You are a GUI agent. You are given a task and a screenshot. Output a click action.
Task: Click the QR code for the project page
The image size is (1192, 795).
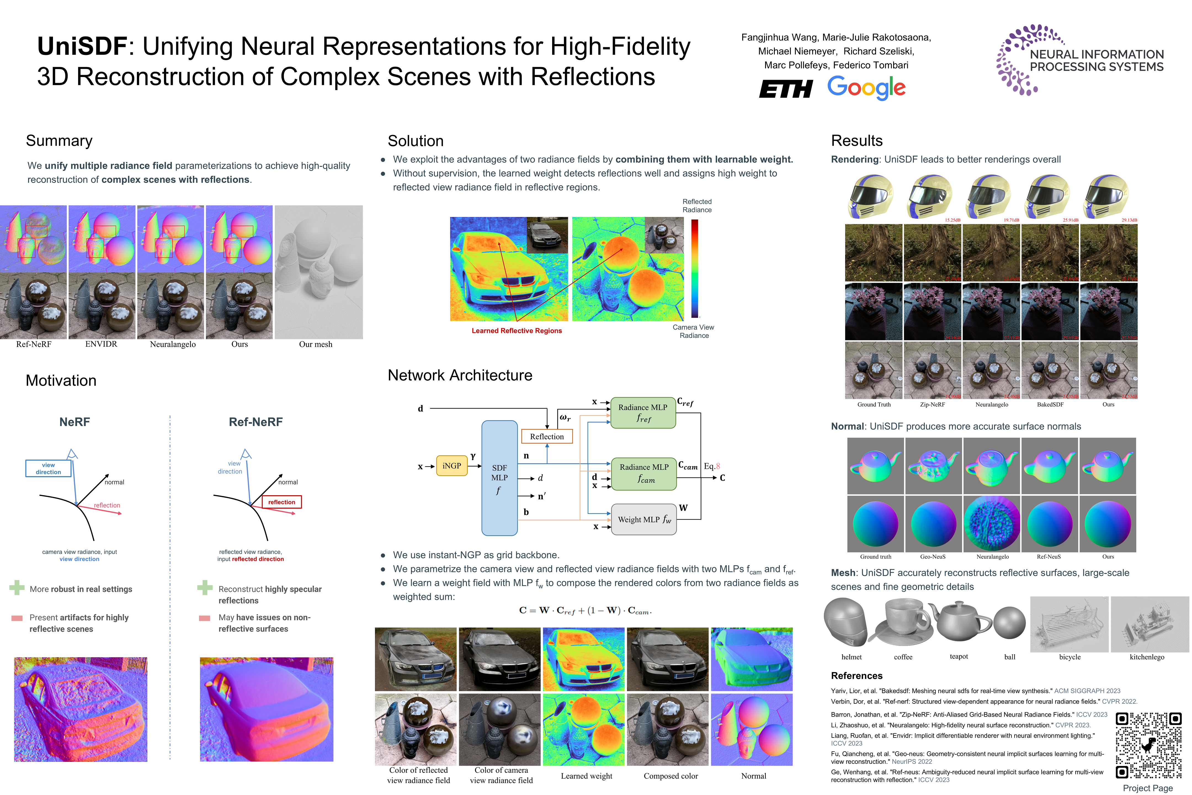click(1148, 745)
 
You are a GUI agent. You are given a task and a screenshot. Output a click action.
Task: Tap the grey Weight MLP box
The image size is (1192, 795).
click(644, 519)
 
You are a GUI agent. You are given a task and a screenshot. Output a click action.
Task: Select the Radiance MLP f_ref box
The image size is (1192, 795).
click(643, 413)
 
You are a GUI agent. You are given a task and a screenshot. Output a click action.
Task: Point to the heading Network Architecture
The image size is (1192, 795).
click(460, 375)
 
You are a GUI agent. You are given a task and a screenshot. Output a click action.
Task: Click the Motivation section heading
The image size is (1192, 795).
click(61, 381)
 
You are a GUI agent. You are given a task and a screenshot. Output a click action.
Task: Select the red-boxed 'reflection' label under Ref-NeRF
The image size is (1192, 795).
click(282, 502)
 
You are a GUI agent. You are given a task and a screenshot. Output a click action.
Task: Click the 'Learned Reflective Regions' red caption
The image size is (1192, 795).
click(517, 331)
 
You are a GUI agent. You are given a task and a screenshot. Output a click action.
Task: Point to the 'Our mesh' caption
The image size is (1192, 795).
click(315, 344)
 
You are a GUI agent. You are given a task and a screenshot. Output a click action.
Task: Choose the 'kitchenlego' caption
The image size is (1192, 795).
click(1147, 657)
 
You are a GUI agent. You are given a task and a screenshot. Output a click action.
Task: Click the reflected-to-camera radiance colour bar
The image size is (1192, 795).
click(695, 269)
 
